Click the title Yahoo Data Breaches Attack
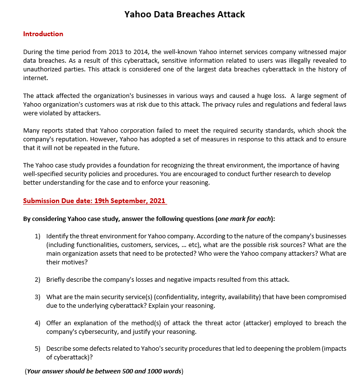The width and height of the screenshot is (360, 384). [185, 14]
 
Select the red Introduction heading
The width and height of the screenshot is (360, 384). [43, 34]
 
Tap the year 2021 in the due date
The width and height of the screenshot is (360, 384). [156, 201]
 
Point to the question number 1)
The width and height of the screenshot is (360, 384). [37, 236]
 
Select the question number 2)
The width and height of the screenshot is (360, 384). [37, 279]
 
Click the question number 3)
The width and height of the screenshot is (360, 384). [37, 297]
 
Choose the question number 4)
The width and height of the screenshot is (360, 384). [37, 323]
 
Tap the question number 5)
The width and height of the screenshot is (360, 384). [37, 349]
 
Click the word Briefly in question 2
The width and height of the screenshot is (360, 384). [57, 279]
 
